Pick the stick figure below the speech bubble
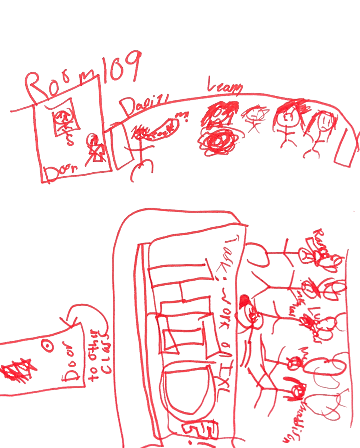point(140,148)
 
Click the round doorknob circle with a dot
point(47,345)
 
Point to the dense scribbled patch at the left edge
point(14,371)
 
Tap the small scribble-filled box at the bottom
point(200,430)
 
